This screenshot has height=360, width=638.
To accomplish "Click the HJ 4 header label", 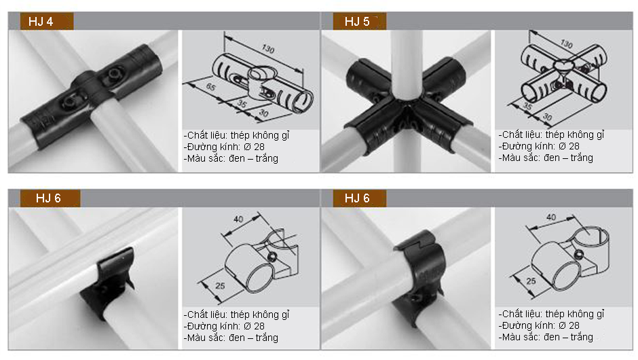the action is coord(41,22).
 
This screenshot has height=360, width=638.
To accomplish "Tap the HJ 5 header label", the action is coord(357,22).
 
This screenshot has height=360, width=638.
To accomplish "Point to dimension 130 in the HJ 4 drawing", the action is coord(268,49).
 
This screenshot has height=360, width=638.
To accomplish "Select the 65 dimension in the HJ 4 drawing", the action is coord(211,87).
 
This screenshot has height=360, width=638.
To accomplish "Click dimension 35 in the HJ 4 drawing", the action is coord(242,104).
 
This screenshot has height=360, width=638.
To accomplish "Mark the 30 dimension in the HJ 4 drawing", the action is coord(263,113).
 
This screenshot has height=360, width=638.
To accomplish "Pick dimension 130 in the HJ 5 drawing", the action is coord(566,43).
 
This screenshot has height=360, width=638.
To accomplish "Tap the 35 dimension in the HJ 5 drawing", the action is coord(528,106).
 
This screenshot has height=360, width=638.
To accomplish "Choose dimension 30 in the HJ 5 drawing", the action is coord(547,117).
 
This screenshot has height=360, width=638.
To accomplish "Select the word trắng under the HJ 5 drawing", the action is coord(582,158).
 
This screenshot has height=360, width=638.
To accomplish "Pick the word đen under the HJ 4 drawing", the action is coord(236,158).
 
